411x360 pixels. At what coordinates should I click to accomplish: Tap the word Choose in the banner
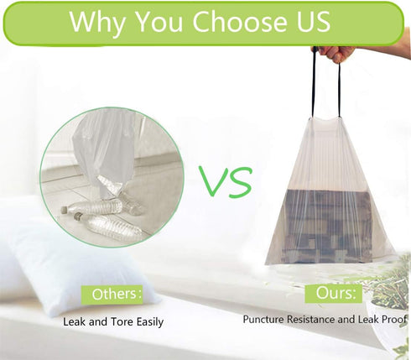[240, 21]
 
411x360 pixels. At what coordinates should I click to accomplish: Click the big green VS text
[226, 181]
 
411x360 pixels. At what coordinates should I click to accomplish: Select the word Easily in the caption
[150, 322]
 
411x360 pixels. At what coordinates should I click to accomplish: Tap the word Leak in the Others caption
[74, 321]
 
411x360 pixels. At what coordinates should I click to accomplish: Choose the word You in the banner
[159, 22]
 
